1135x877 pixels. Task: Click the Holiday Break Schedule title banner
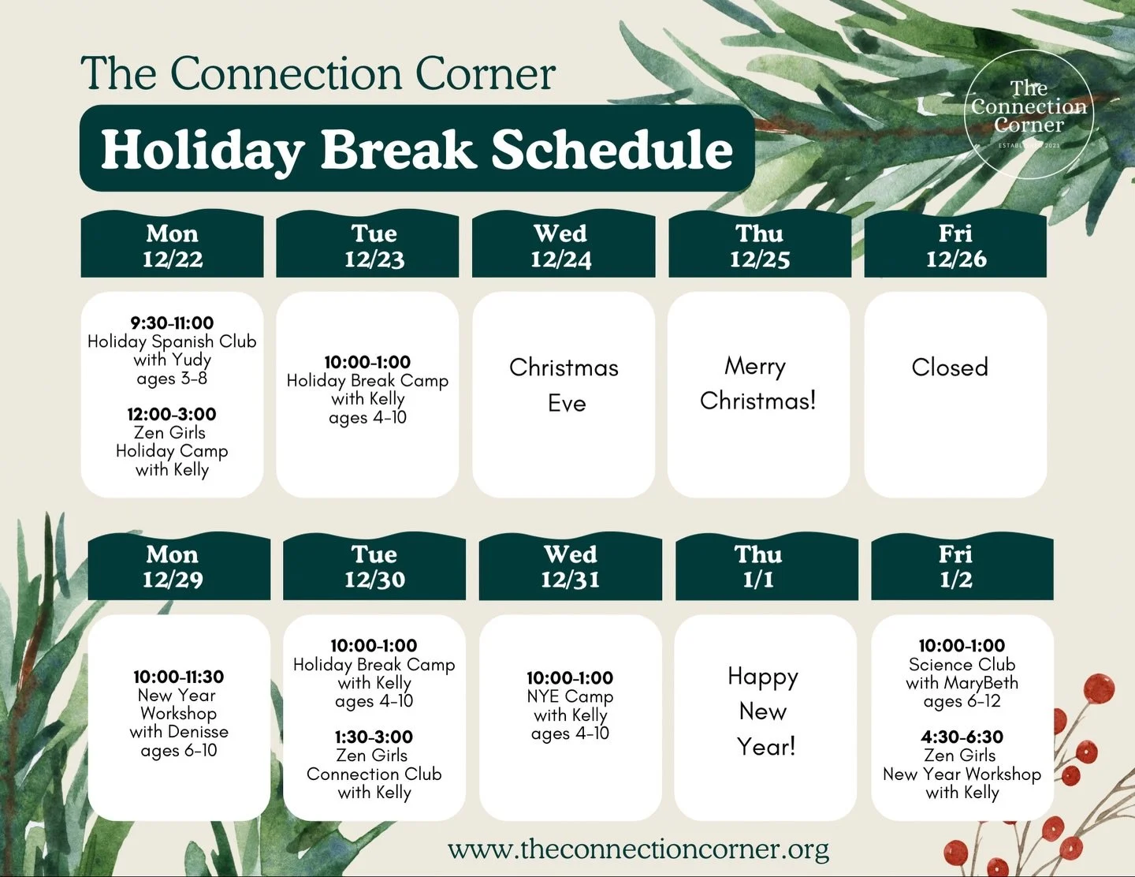pyautogui.click(x=416, y=149)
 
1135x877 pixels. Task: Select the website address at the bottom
pyautogui.click(x=638, y=849)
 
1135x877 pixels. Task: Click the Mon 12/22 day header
pyautogui.click(x=172, y=245)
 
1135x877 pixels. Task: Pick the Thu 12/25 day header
pyautogui.click(x=759, y=245)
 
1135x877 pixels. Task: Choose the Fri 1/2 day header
pyautogui.click(x=955, y=566)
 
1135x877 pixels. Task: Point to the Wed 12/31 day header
pyautogui.click(x=570, y=566)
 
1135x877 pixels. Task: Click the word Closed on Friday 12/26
pyautogui.click(x=949, y=368)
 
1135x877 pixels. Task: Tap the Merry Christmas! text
pyautogui.click(x=757, y=383)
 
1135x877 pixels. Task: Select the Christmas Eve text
pyautogui.click(x=564, y=385)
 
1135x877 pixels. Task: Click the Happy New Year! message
pyautogui.click(x=764, y=711)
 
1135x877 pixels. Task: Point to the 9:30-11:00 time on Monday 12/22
pyautogui.click(x=172, y=323)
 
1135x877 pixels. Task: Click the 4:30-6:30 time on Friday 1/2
pyautogui.click(x=962, y=737)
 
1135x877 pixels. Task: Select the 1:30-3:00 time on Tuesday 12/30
pyautogui.click(x=374, y=737)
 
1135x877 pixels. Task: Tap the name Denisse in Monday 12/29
pyautogui.click(x=197, y=732)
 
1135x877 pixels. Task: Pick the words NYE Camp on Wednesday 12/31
pyautogui.click(x=570, y=696)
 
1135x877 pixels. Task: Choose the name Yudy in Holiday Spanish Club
pyautogui.click(x=191, y=360)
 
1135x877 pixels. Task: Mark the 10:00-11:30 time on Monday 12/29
pyautogui.click(x=178, y=677)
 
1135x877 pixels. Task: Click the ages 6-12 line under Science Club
pyautogui.click(x=962, y=701)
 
